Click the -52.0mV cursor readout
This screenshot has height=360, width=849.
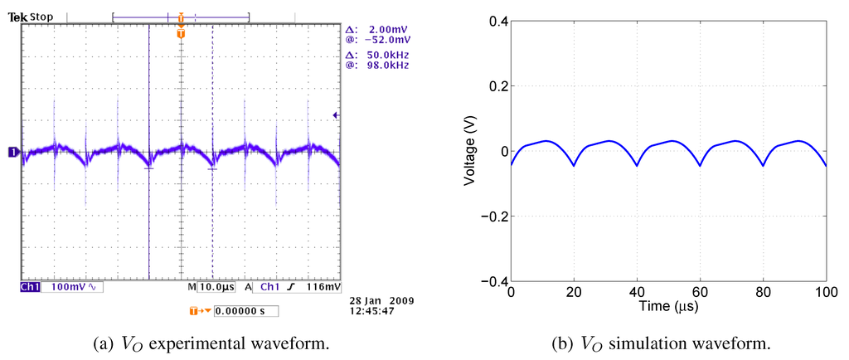(390, 39)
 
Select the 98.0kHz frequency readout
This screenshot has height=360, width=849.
(389, 65)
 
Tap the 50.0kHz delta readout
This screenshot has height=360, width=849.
(389, 54)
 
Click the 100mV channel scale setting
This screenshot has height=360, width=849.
(70, 287)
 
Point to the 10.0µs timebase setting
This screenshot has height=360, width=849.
(216, 287)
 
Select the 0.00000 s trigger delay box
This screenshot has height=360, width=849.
(245, 312)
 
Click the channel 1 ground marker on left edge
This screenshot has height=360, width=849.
(13, 152)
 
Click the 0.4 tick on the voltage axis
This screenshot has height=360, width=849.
(497, 21)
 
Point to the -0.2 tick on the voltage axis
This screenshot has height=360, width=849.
(495, 216)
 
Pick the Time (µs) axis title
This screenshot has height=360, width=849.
(668, 307)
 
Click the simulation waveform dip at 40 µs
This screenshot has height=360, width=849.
(637, 165)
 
